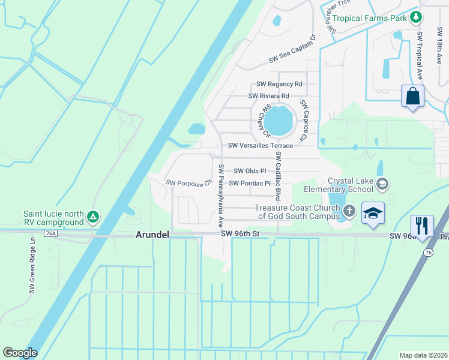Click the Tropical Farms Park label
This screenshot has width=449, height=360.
click(370, 18)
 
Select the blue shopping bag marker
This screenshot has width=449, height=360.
click(412, 96)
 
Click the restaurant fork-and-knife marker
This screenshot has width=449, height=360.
click(422, 226)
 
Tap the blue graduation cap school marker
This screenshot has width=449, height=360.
click(373, 214)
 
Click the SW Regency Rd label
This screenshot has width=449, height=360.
click(279, 85)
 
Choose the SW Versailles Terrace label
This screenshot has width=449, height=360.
click(261, 146)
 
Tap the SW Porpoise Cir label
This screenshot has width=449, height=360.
click(189, 182)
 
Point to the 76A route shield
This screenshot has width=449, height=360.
click(50, 234)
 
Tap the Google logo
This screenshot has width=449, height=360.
click(20, 353)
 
